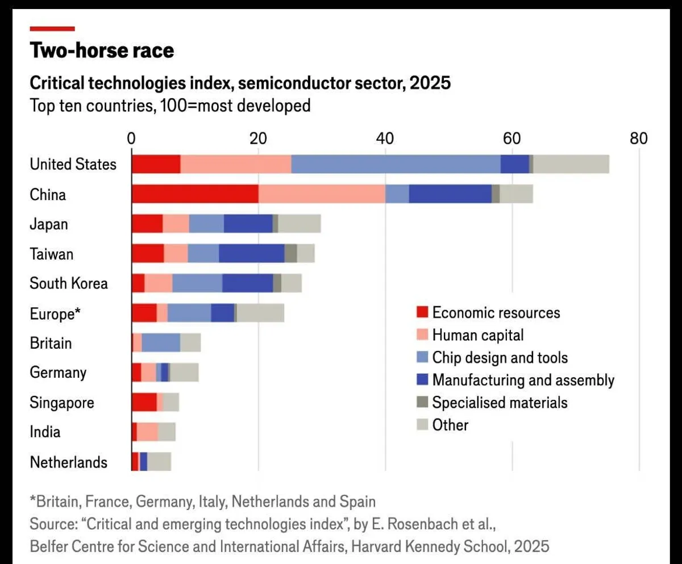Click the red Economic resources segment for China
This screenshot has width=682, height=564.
(195, 194)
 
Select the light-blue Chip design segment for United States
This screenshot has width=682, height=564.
(396, 164)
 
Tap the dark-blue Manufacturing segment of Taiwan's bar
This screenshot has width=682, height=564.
(251, 253)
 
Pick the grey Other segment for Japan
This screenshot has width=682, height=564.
(300, 224)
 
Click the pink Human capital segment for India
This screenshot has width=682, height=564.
(147, 432)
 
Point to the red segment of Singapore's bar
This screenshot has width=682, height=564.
(144, 402)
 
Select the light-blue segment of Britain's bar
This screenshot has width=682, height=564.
(161, 343)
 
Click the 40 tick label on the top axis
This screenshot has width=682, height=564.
(385, 139)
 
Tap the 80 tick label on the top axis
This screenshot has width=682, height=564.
(639, 139)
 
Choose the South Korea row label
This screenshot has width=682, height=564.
(69, 283)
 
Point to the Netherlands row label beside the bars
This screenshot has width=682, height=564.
(68, 462)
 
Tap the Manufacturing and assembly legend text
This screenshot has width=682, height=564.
(523, 380)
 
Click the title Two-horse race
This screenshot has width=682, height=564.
(102, 51)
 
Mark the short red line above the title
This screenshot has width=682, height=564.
(52, 28)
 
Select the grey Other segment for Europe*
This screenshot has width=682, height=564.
(260, 313)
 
